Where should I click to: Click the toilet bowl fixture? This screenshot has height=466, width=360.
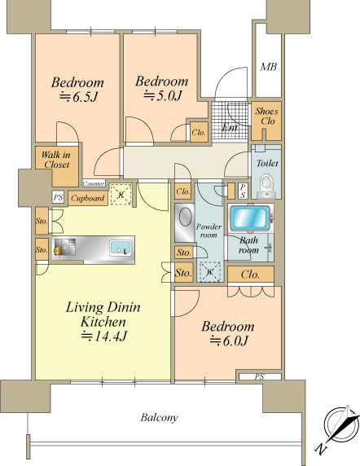[x=266, y=187]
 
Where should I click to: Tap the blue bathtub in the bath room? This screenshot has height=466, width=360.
[x=250, y=218]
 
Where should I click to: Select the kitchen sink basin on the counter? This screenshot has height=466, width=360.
[x=120, y=248]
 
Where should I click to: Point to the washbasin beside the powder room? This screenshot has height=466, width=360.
[x=184, y=222]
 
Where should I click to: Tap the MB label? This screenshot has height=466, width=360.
[x=269, y=67]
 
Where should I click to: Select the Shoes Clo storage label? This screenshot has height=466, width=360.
[x=266, y=116]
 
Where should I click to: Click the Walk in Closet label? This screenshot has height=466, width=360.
[x=56, y=160]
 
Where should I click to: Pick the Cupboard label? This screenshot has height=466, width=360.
[x=88, y=198]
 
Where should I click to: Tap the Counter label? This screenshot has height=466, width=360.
[x=94, y=183]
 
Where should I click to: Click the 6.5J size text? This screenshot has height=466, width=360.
[x=78, y=98]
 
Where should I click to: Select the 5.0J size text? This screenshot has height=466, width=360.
[x=162, y=96]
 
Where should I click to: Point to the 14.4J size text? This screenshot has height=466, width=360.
[x=104, y=336]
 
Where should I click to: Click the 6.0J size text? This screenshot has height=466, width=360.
[x=229, y=341]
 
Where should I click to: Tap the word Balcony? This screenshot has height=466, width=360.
[x=159, y=418]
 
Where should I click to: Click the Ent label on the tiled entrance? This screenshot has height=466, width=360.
[x=230, y=128]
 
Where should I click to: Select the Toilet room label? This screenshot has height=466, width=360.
[x=267, y=163]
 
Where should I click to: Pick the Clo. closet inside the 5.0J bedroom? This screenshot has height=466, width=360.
[x=199, y=132]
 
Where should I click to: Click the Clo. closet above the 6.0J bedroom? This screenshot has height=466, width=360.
[x=251, y=275]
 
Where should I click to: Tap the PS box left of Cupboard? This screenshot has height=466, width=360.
[x=58, y=197]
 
